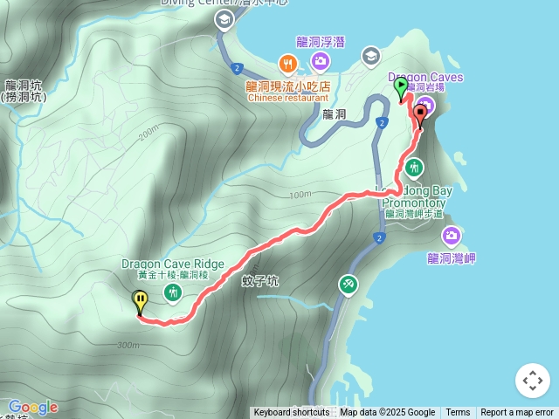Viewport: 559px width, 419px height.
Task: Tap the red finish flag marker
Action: (x=420, y=113)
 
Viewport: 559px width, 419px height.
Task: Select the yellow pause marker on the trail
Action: (x=140, y=301)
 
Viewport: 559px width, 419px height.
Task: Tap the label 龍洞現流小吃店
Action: (x=288, y=86)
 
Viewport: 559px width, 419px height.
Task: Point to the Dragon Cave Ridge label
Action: (x=173, y=264)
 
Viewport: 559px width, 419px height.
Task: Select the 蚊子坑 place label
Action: (x=260, y=281)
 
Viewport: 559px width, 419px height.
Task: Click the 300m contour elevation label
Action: (x=127, y=345)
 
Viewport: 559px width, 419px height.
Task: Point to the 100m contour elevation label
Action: (x=300, y=194)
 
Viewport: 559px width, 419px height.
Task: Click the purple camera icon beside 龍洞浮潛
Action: (x=320, y=60)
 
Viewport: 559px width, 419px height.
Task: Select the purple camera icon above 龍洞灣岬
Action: (x=451, y=235)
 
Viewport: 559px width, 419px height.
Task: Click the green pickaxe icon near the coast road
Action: (x=348, y=285)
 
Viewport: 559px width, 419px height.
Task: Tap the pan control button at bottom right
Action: (x=533, y=381)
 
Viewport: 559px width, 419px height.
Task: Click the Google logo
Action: (x=33, y=407)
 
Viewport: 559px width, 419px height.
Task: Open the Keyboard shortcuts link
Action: (x=292, y=413)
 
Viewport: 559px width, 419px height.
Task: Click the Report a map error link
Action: (x=517, y=413)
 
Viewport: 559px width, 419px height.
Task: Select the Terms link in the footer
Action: (x=458, y=413)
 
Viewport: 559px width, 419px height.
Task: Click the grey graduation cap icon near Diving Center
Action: (x=224, y=19)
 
